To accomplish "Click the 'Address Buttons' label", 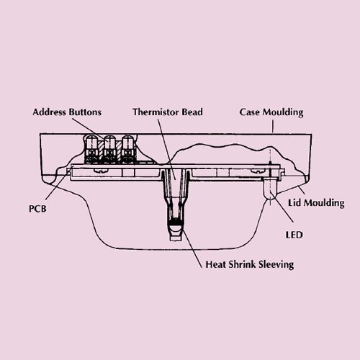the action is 67,112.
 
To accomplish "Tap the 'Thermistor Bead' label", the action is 168,112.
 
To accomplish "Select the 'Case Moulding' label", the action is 271,112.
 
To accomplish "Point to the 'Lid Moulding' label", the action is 316,203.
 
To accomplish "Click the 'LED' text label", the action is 294,235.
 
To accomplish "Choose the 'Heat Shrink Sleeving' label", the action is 250,264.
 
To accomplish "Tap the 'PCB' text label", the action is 37,209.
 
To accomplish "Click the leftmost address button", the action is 91,149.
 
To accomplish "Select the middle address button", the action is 109,149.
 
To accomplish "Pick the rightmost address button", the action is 127,149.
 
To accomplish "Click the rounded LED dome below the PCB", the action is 270,189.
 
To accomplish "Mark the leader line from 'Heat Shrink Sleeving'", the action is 192,248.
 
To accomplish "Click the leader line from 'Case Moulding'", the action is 273,126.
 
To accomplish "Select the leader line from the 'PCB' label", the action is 58,184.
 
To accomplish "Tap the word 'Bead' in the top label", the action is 192,112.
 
